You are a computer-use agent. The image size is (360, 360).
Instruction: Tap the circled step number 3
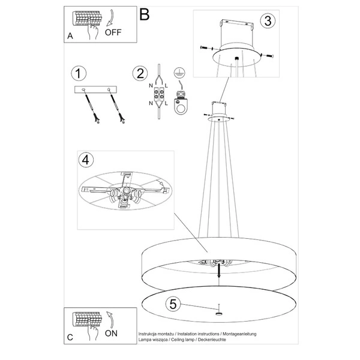coord(268,20)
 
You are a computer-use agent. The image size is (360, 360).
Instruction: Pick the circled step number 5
coord(173,304)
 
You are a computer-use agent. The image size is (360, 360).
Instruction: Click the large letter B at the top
coord(144,14)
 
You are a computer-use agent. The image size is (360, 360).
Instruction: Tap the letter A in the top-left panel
coord(70,36)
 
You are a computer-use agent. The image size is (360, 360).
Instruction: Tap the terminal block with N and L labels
coord(160,95)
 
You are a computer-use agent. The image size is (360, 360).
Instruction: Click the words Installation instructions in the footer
coord(196,332)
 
